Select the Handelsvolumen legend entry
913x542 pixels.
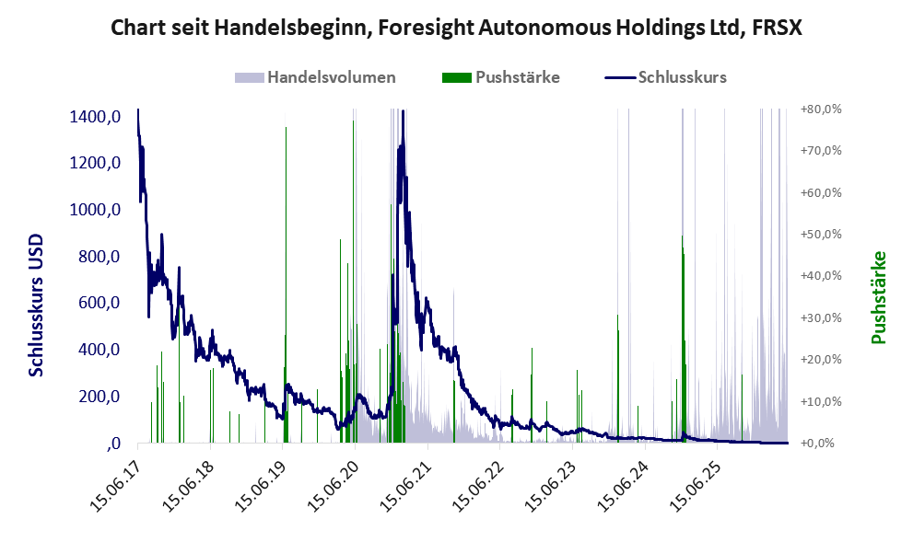pos(315,77)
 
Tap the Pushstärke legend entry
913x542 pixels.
pos(501,77)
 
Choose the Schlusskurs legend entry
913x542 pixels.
pos(665,77)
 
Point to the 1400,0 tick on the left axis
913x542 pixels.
pos(95,117)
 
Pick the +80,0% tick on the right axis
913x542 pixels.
pos(821,110)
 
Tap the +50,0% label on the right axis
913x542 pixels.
pos(821,235)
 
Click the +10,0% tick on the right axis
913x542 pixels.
pos(821,402)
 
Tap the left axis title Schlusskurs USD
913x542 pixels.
pos(36,306)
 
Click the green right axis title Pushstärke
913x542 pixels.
pos(878,297)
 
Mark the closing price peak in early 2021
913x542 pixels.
pos(403,111)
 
